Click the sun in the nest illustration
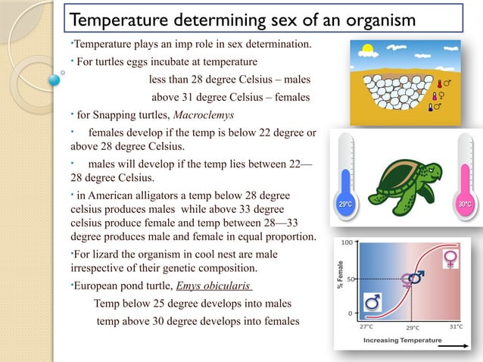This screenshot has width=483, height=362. [368, 51]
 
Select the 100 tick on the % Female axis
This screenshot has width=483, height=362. [345, 243]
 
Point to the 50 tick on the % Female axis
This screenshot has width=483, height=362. [347, 278]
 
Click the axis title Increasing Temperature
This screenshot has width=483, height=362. [402, 341]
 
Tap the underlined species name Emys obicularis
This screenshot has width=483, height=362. [214, 286]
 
